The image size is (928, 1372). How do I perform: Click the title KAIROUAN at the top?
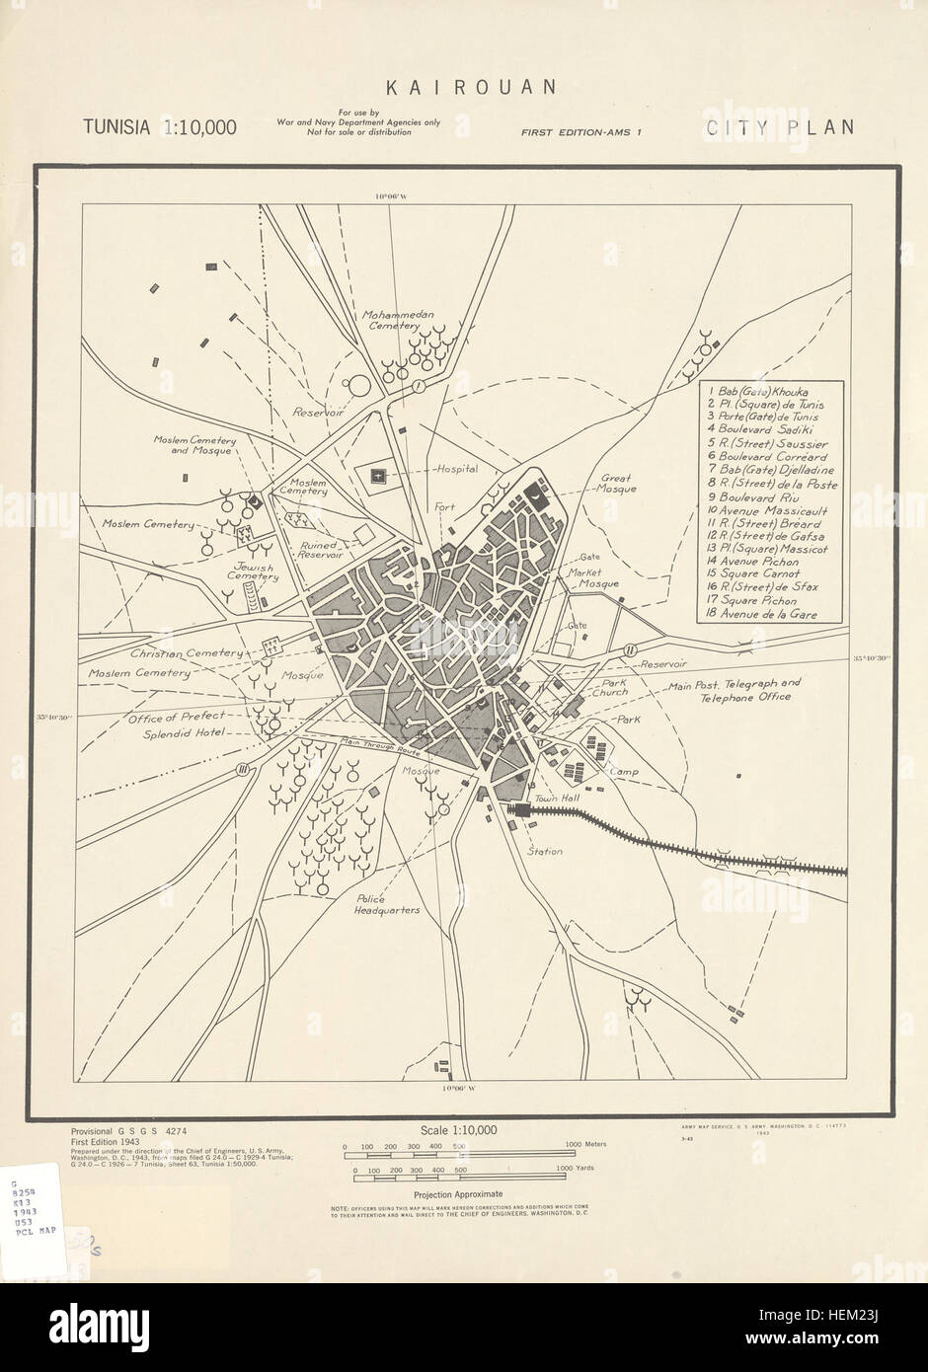click(x=471, y=87)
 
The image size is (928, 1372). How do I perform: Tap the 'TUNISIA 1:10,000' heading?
click(x=159, y=127)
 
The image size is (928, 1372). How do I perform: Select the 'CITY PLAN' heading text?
click(x=779, y=127)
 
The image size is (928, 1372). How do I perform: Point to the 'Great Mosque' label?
click(x=618, y=484)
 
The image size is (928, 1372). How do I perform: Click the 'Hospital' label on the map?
click(x=458, y=469)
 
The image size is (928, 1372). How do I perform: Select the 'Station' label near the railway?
click(x=544, y=851)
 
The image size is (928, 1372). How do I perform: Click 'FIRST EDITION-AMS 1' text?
click(x=582, y=130)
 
